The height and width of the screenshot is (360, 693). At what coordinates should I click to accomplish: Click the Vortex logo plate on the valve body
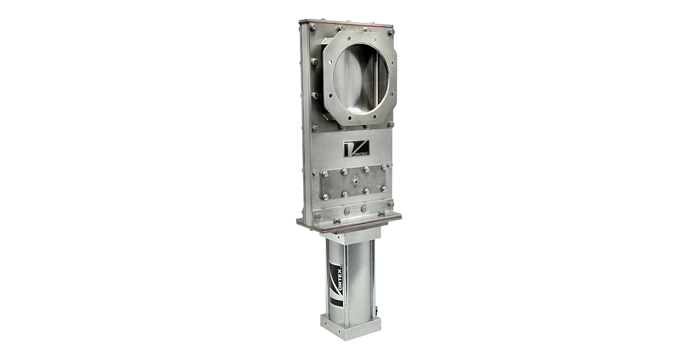coord(356,148)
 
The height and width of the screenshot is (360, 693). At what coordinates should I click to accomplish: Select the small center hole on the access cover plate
coord(355,182)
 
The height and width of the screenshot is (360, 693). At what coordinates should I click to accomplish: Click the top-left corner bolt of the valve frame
coord(313,27)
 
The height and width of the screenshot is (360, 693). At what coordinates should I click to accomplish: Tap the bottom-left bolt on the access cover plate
coord(325,197)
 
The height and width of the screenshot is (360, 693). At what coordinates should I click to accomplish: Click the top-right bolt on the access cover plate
coord(384,167)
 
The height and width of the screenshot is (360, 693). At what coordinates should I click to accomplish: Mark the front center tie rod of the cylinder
coord(345,283)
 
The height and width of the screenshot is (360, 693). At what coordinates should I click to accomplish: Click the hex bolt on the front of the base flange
coord(337,221)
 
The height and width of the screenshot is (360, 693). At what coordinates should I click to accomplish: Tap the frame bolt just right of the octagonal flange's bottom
coord(391,124)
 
